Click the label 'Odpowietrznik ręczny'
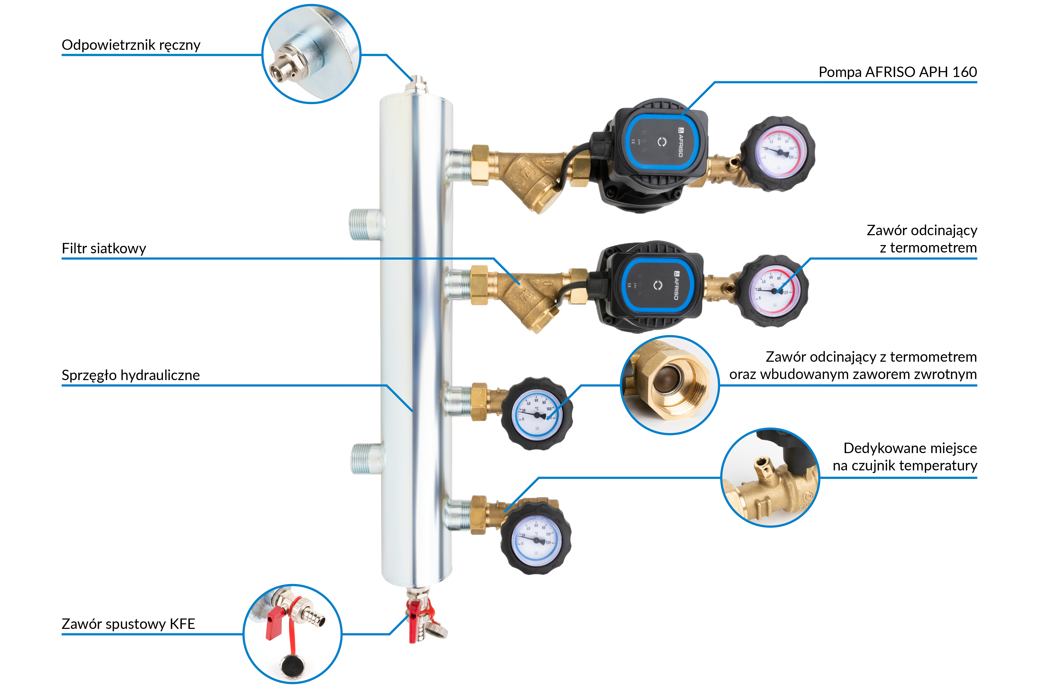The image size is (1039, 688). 131,45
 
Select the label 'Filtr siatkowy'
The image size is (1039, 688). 104,248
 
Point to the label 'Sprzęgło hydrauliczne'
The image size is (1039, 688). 130,375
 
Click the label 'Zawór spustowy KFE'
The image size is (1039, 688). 128,624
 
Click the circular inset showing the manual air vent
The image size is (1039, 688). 311,54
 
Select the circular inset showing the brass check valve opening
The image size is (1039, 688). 669,385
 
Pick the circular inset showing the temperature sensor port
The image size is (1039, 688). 770,477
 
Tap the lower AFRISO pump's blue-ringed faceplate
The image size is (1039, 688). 657,285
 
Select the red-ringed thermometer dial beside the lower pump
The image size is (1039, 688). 774,290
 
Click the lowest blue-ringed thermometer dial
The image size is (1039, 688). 535,540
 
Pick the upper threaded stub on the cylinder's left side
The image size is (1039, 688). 366,225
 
